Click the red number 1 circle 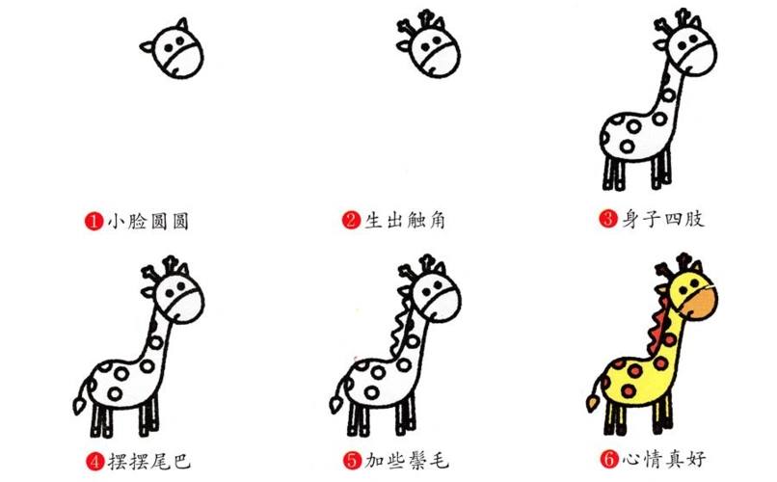94,221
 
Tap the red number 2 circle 351,221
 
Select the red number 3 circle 607,219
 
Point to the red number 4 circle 94,460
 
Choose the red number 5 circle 351,460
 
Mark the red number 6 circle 607,460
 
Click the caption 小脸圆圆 147,221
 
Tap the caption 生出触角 405,221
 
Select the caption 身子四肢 662,219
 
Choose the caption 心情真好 662,460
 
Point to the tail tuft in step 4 79,397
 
